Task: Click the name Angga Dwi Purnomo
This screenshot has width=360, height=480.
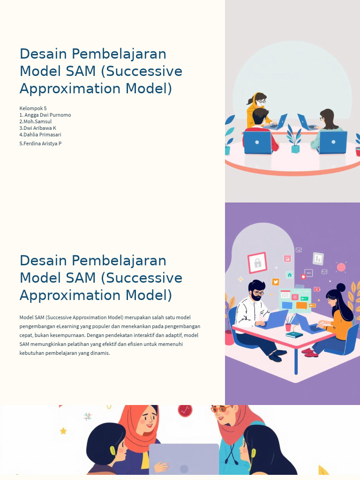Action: (x=47, y=115)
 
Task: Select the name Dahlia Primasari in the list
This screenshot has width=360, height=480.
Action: (x=42, y=135)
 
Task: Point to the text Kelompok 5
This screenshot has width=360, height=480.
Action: (x=33, y=108)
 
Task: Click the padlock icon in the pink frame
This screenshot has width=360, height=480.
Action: (x=257, y=263)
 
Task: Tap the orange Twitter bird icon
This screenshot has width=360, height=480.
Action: (x=276, y=282)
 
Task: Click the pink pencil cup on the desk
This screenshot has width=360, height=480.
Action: (x=288, y=327)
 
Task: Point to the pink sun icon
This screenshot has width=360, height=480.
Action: (x=341, y=267)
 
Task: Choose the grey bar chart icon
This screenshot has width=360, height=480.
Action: (x=318, y=258)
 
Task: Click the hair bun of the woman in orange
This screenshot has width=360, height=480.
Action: (x=341, y=287)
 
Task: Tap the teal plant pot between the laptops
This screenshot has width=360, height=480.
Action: (x=295, y=149)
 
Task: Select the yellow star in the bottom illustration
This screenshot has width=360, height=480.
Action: (x=63, y=431)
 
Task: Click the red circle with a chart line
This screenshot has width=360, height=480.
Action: (x=185, y=410)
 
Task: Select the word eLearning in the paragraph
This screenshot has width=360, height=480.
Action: (x=67, y=326)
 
